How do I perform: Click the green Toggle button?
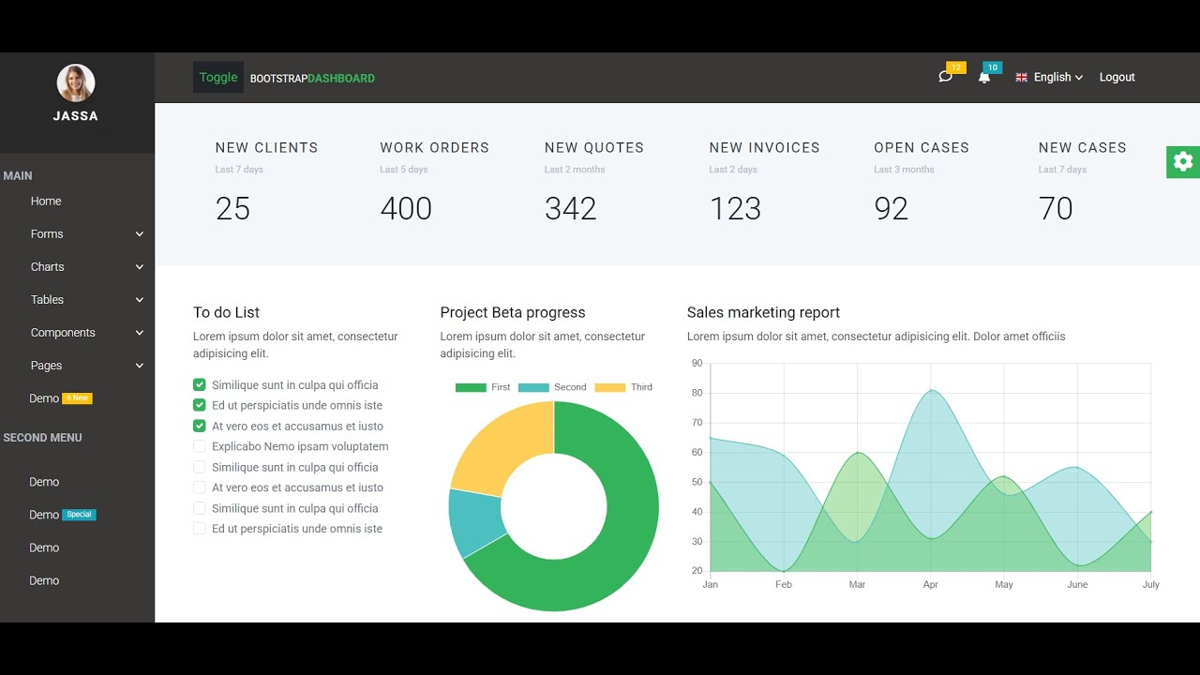coord(218,78)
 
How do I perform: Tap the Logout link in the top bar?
coord(1117,78)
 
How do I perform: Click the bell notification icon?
coord(983,78)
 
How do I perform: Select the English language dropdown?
coord(1050,78)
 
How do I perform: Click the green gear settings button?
coord(1183,161)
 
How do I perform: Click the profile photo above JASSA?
coord(76,83)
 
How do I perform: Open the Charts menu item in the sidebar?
coord(48,267)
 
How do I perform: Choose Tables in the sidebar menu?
coord(48,300)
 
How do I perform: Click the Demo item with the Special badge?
coord(44,515)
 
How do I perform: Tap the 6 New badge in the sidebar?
coord(78,398)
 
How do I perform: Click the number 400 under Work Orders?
coord(406,208)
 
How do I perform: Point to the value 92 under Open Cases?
coord(891,208)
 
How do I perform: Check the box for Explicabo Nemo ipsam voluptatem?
coord(200,447)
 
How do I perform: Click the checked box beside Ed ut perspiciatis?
coord(200,406)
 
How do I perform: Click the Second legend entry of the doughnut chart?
coord(553,387)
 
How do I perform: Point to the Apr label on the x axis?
coord(930,585)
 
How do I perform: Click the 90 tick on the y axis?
coord(697,364)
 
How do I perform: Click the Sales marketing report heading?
coord(763,312)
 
